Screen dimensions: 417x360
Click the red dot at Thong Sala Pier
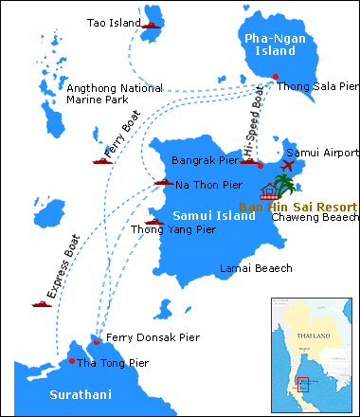(276, 77)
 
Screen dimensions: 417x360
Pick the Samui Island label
(216, 215)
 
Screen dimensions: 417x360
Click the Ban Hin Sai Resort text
(298, 206)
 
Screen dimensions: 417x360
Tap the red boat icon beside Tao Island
(154, 25)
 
